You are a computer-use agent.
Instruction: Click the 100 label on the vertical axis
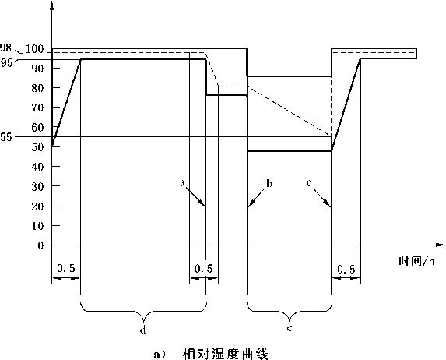tap(35, 49)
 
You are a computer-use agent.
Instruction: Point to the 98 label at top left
tap(5, 48)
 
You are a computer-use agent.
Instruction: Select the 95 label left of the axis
tap(6, 62)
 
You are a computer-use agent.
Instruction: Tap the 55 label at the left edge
tap(6, 137)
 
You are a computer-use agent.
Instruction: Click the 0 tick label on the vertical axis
tap(40, 245)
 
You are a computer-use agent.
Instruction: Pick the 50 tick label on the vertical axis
tap(38, 147)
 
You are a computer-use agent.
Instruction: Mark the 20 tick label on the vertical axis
tap(38, 206)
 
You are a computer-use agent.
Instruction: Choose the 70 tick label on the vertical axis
tap(38, 108)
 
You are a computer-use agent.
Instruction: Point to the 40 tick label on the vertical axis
tap(38, 167)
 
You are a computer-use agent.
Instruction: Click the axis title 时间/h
tap(416, 260)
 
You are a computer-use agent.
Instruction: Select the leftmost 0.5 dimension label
tap(66, 268)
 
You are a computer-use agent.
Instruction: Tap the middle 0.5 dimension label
tap(204, 268)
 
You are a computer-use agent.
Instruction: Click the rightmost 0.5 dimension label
tap(346, 269)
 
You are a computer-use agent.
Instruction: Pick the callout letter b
tap(269, 183)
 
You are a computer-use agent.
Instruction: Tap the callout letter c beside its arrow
tap(309, 182)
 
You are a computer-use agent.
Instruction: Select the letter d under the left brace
tap(142, 330)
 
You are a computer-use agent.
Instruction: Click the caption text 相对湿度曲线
tap(225, 354)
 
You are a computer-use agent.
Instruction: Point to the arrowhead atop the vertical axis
tap(51, 5)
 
